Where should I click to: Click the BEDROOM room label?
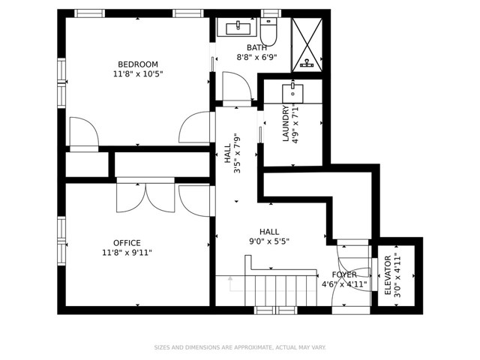[x=137, y=64]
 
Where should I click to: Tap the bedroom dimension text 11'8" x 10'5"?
[x=137, y=74]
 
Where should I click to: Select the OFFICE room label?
[x=127, y=243]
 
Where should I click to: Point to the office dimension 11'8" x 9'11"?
[x=127, y=253]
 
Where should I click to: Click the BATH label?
[x=256, y=47]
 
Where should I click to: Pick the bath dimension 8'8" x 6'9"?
[x=256, y=57]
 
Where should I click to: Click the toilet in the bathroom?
[x=268, y=31]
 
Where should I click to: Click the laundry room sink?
[x=292, y=93]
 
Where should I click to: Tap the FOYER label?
[x=344, y=274]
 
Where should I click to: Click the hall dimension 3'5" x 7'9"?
[x=232, y=153]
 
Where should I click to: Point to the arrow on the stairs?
[x=231, y=283]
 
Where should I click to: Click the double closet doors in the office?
[x=145, y=196]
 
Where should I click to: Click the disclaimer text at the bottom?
[x=239, y=347]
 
